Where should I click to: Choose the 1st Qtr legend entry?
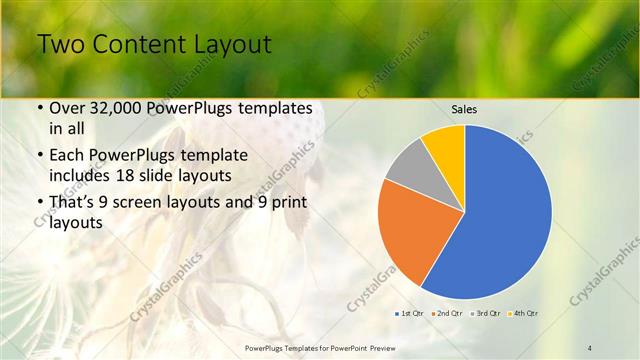coord(409,314)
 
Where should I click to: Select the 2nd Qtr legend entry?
coord(447,314)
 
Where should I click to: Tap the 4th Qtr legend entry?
coord(523,314)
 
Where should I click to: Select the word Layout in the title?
coord(230,46)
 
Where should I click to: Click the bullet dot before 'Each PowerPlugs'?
coord(39,155)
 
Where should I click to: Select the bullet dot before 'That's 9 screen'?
coord(39,203)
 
